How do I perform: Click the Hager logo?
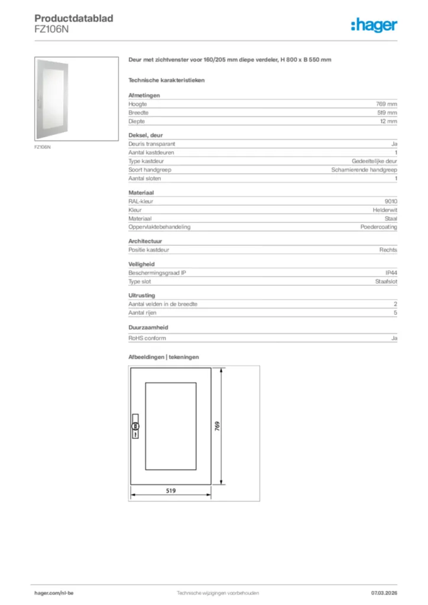click(x=374, y=25)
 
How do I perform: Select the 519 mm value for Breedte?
click(x=387, y=112)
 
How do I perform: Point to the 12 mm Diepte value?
click(x=388, y=121)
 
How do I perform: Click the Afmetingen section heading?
click(x=144, y=95)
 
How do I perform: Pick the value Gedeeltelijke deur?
click(x=374, y=161)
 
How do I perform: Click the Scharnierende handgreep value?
click(x=364, y=170)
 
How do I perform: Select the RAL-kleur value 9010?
click(x=391, y=201)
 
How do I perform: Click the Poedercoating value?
click(x=379, y=227)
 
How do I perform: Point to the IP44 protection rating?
click(x=391, y=273)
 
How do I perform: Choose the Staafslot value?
click(x=385, y=282)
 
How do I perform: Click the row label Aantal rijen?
click(x=142, y=313)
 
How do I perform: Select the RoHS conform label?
click(x=147, y=338)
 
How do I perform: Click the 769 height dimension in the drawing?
click(x=217, y=427)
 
